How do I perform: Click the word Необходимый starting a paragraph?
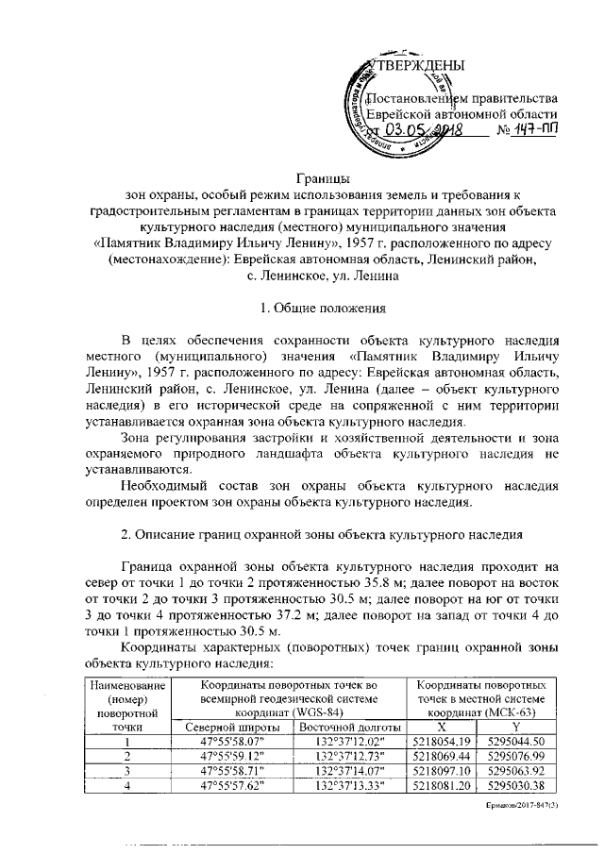(x=166, y=485)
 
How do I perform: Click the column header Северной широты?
(x=232, y=727)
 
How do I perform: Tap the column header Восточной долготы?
(x=350, y=727)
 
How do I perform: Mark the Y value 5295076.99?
(x=518, y=756)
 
